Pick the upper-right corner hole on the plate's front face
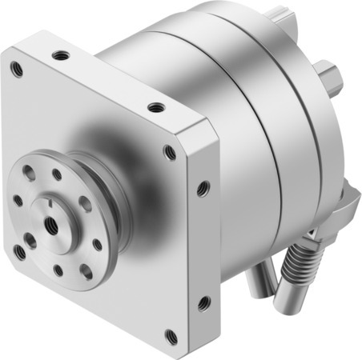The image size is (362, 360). click(x=169, y=152)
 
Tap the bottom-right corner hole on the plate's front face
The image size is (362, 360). click(x=171, y=335)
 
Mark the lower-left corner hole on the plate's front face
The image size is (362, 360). click(x=19, y=251)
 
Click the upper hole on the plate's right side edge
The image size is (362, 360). click(x=203, y=189)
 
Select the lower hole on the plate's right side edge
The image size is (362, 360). click(x=203, y=302)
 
